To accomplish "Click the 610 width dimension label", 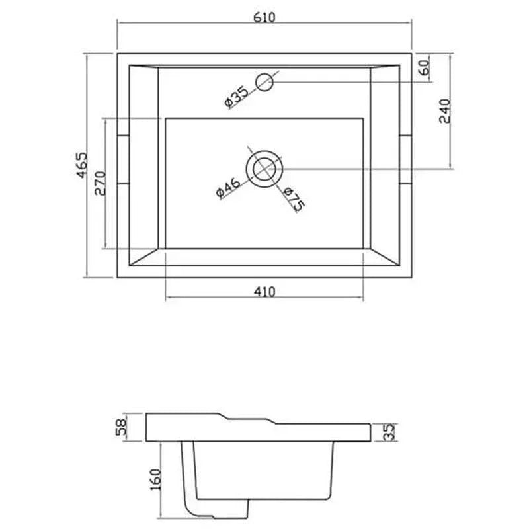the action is pyautogui.click(x=264, y=17).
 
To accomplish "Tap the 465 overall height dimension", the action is pyautogui.click(x=81, y=165).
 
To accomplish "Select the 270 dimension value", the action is pyautogui.click(x=101, y=183).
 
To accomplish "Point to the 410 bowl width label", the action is pyautogui.click(x=264, y=291).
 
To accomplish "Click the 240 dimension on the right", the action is pyautogui.click(x=444, y=111).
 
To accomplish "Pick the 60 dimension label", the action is pyautogui.click(x=425, y=67).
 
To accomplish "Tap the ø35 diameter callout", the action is pyautogui.click(x=236, y=97).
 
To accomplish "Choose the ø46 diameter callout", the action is pyautogui.click(x=228, y=187).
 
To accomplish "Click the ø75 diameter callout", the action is pyautogui.click(x=294, y=199).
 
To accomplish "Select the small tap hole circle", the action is pyautogui.click(x=264, y=82).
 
